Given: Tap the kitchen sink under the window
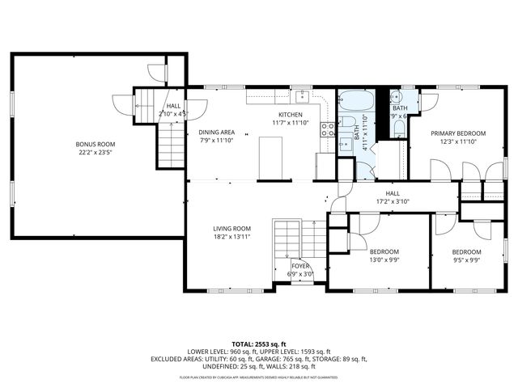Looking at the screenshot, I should coord(300,98).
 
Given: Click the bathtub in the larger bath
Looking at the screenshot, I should coord(356,103).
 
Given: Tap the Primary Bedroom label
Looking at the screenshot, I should coord(458,133).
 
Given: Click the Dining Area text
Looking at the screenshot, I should coord(216,132).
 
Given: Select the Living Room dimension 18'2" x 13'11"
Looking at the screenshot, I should coord(232,238).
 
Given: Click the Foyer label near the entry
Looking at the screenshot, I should coord(301,265).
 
